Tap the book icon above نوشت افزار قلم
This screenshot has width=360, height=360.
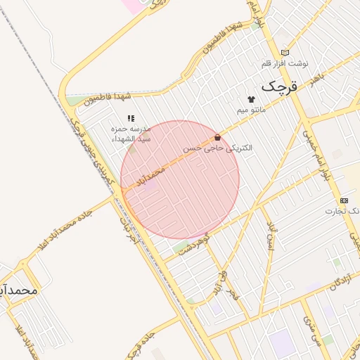coord(285,51)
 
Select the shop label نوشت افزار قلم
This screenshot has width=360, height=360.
coord(285,63)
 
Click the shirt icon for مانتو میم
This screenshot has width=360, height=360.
coord(250,99)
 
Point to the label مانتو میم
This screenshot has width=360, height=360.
coord(251,110)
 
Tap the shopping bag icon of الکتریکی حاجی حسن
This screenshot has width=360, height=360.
coord(217,138)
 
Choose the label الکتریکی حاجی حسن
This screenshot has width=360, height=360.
coord(217,149)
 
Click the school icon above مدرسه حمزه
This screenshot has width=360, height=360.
coord(130,118)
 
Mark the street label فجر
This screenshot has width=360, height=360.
coord(234,298)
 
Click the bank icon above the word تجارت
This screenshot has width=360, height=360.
coord(343,200)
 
